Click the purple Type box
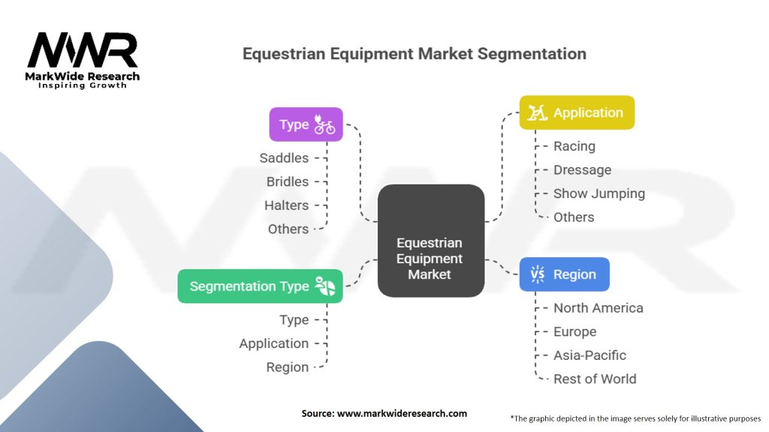coord(306,124)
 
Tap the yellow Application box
coord(577,112)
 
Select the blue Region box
coord(565,274)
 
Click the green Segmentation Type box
coord(261,286)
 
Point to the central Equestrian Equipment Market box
coord(431,241)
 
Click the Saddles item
coord(284,158)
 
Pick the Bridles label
coord(288,181)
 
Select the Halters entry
coord(286,205)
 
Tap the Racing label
coord(574,146)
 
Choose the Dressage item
coord(582,170)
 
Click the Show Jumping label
coord(599,193)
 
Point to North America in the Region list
coord(599,308)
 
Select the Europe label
coord(574,331)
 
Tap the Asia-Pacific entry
coord(590,355)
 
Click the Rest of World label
coord(595,379)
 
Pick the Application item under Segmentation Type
coord(273,343)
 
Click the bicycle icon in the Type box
coord(324,124)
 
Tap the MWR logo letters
coord(83,50)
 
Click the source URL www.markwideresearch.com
coord(402,413)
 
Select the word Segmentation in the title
coord(532,54)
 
